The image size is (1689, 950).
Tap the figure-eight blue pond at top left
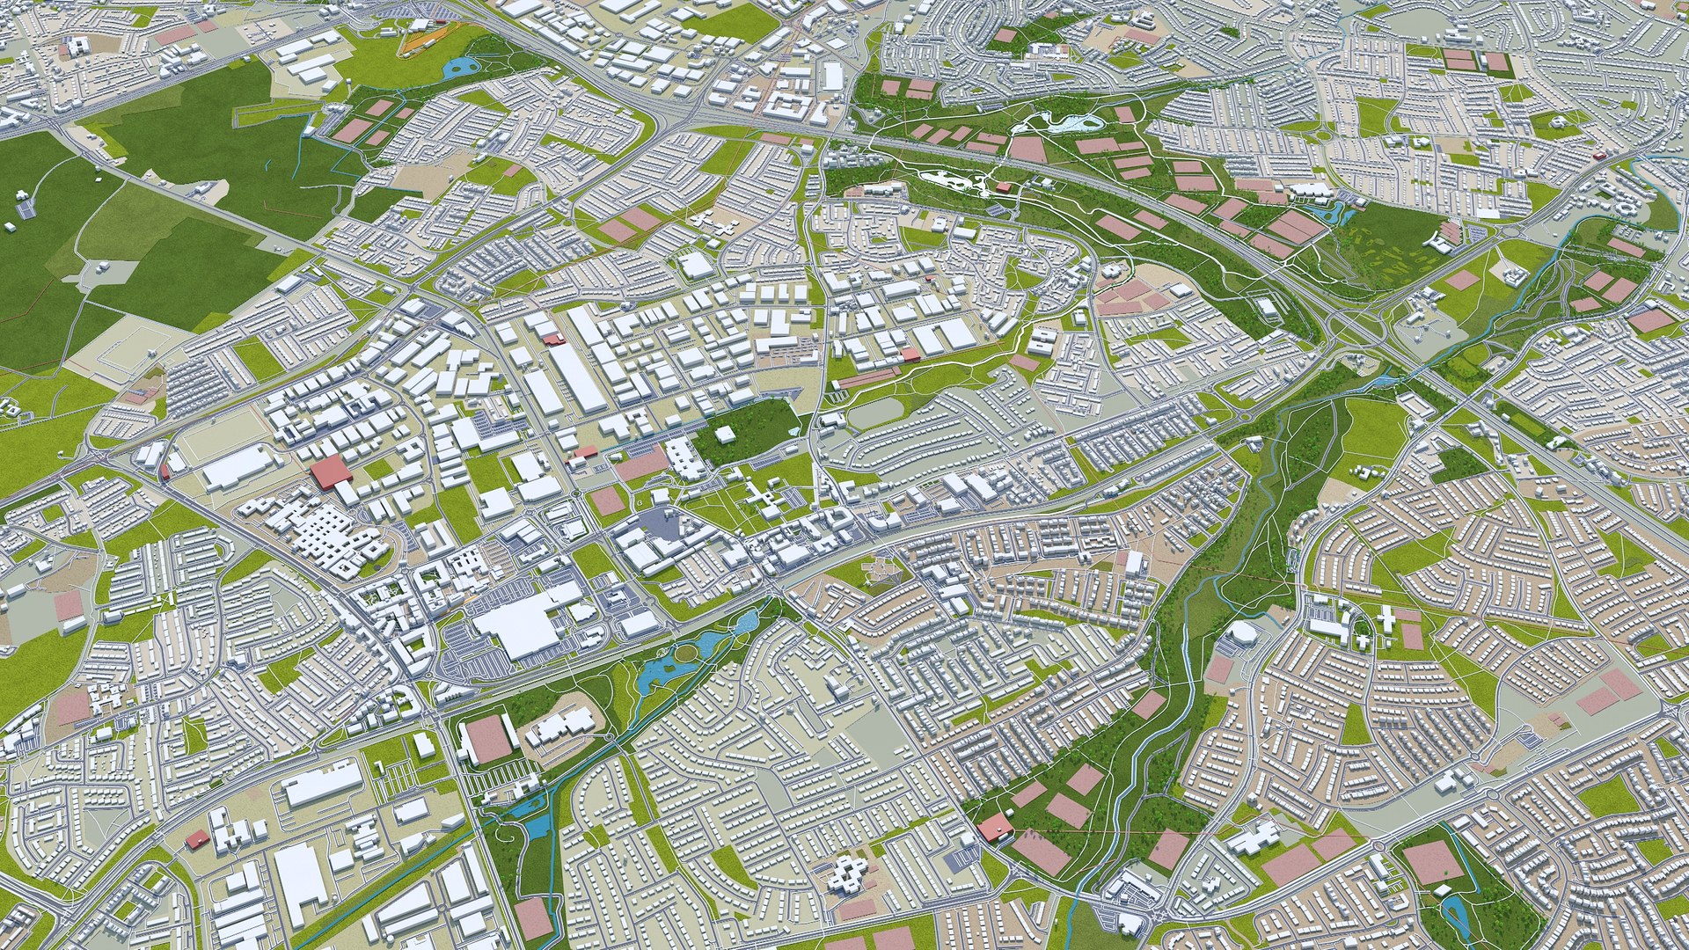(x=457, y=66)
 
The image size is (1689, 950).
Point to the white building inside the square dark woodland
(x=726, y=435)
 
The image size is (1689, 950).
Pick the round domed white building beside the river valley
(x=1244, y=633)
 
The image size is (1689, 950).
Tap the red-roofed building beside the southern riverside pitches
(x=994, y=827)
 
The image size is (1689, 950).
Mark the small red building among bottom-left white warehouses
(x=196, y=839)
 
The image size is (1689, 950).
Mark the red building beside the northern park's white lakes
(x=1003, y=187)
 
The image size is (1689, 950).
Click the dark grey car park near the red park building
(x=996, y=209)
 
